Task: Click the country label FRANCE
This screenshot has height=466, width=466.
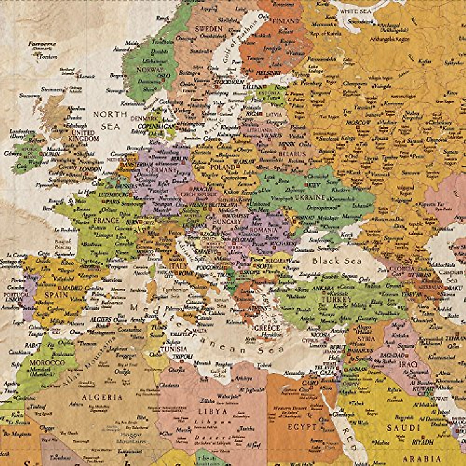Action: [x=106, y=220]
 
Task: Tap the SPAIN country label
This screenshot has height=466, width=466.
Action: [x=56, y=295]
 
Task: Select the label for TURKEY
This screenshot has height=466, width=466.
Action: [x=336, y=300]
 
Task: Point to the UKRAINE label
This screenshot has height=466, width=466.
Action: [x=309, y=197]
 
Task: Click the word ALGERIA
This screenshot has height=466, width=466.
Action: [x=102, y=397]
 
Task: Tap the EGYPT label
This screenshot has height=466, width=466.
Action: [x=302, y=427]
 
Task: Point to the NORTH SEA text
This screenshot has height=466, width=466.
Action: [x=110, y=120]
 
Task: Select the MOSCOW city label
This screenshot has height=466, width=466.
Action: [x=358, y=123]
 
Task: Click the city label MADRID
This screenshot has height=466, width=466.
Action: [x=72, y=288]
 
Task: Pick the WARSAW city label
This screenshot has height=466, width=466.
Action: [x=244, y=161]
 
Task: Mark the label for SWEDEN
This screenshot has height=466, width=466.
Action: [x=209, y=29]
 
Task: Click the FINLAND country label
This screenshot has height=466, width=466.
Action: [x=286, y=20]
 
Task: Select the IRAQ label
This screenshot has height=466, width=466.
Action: [x=408, y=364]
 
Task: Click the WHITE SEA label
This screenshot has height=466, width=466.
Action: [x=355, y=12]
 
